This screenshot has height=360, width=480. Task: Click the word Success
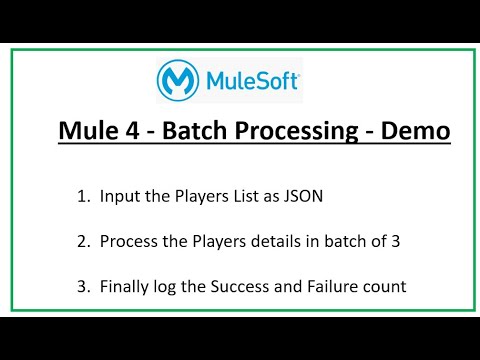tap(241, 287)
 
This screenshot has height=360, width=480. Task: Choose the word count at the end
tap(386, 287)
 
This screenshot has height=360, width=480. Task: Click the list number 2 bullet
tap(81, 241)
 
